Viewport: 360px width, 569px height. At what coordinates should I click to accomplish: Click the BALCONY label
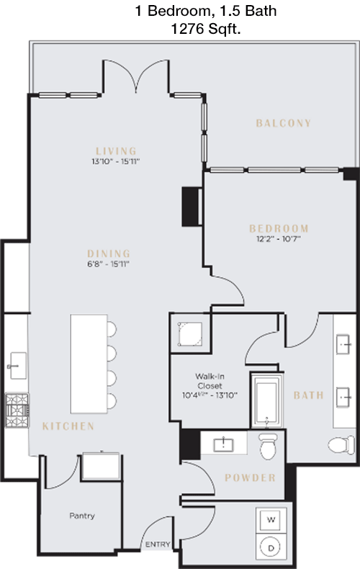point(284,123)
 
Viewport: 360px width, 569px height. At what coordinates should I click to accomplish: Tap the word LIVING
point(116,151)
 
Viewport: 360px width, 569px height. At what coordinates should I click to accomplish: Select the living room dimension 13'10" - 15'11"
point(116,162)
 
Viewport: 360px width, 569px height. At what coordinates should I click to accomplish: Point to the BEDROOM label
point(279,228)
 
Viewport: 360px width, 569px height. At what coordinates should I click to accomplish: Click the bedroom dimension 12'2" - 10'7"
point(279,239)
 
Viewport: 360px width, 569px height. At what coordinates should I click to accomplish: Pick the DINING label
point(109,254)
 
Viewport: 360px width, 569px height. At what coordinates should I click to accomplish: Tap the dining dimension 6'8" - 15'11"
point(109,264)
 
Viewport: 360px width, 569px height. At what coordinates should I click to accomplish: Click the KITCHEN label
point(68,426)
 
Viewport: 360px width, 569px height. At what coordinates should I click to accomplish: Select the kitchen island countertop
point(89,364)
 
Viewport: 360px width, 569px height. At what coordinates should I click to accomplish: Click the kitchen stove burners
point(17,411)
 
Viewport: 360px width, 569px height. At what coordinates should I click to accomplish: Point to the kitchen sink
point(18,366)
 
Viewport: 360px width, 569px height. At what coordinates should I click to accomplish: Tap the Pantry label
point(82,516)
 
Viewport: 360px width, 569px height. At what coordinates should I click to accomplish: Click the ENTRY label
point(158,545)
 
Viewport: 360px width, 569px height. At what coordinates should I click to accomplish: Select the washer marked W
point(271,520)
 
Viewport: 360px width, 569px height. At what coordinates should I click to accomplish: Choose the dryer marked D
point(271,548)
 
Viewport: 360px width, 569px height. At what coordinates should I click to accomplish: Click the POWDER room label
point(250,478)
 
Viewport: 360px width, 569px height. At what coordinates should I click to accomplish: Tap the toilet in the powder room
point(268,446)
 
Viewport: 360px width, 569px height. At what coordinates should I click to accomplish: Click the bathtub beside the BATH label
point(266,400)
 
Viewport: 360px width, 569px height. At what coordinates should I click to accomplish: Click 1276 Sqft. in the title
point(206,29)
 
